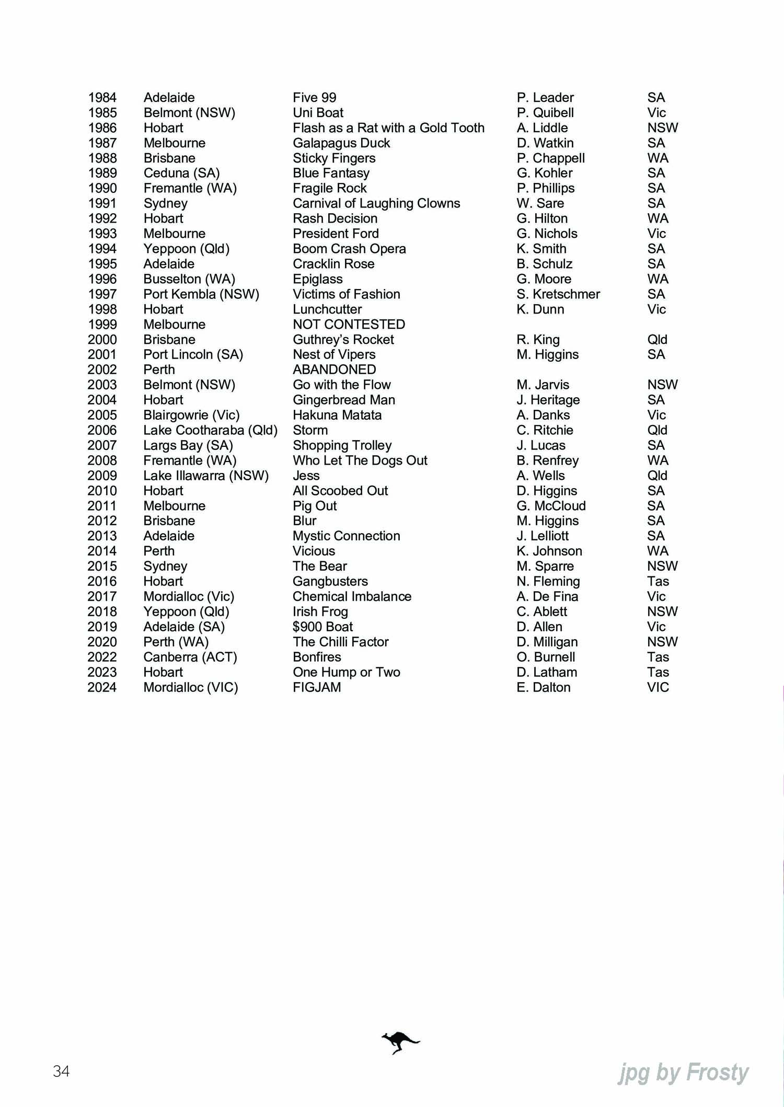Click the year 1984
coord(102,98)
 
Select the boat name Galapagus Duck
coord(341,143)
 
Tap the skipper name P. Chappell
coord(550,158)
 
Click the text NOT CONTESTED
coord(349,325)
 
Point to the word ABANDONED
coord(334,370)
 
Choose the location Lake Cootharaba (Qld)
coord(210,430)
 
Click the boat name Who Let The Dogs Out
coord(360,460)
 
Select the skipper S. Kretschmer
coord(558,294)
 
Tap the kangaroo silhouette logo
coord(400,1043)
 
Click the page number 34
coord(61,1071)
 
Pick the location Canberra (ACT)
coord(190,657)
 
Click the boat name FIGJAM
coord(317,687)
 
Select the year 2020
coord(102,642)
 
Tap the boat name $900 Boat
coord(322,627)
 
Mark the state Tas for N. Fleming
coord(658,581)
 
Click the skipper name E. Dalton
coord(543,687)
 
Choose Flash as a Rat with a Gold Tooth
coord(388,128)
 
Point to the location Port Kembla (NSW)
coord(201,294)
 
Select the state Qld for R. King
coord(657,340)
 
